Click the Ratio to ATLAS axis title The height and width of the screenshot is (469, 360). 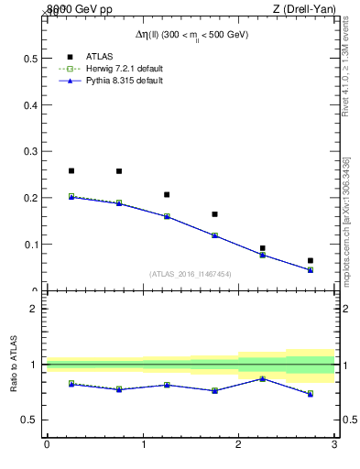(x=15, y=364)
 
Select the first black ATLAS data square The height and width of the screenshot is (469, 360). (x=71, y=170)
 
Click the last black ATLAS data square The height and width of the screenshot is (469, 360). (x=311, y=261)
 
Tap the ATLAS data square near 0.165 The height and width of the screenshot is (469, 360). (x=214, y=214)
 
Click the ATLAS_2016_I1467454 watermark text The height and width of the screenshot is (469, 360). (x=191, y=273)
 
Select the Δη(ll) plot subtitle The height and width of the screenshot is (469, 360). (x=191, y=35)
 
